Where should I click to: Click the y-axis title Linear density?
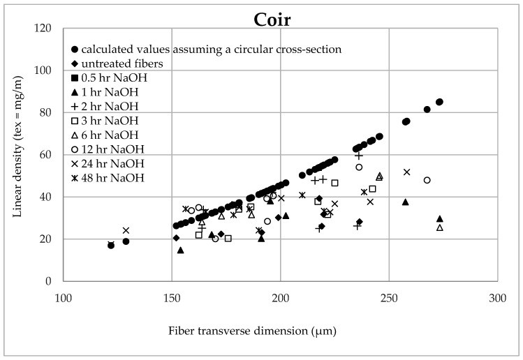coord(19,158)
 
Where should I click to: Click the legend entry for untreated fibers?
coord(126,63)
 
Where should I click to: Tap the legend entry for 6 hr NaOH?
coord(112,135)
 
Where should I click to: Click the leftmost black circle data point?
coord(111,245)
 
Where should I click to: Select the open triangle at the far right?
coord(439,227)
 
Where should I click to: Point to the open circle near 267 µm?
coord(427,180)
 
